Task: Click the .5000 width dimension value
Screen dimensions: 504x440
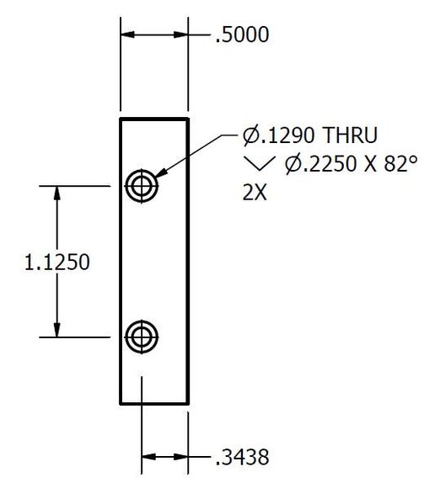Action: click(241, 35)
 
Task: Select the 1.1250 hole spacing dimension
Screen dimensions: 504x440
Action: click(56, 262)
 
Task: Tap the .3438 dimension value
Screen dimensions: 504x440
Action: click(241, 458)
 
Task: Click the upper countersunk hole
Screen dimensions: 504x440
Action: click(141, 185)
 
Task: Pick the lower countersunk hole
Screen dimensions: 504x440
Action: click(141, 337)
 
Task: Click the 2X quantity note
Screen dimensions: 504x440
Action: click(255, 191)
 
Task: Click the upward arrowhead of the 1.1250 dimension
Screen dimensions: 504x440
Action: click(56, 192)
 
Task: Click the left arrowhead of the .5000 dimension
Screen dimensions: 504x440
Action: click(127, 35)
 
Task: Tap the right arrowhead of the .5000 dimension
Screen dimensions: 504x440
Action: click(182, 35)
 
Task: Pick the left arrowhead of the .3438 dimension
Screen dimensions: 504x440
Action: click(148, 458)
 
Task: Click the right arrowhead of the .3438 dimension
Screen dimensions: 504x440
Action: click(182, 458)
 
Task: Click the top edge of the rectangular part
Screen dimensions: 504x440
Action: click(154, 119)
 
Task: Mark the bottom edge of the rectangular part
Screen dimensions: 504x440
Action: click(154, 403)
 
